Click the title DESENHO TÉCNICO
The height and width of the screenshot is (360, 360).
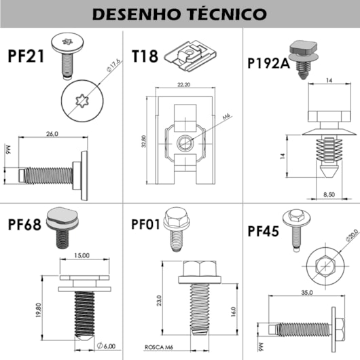pyautogui.click(x=180, y=14)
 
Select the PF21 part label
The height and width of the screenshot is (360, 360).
pyautogui.click(x=26, y=55)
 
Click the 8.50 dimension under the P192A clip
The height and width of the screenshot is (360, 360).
pyautogui.click(x=329, y=194)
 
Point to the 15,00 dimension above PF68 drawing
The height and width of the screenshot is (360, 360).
pyautogui.click(x=82, y=256)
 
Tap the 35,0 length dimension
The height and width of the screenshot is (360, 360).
pyautogui.click(x=306, y=293)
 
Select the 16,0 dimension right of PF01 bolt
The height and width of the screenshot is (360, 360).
pyautogui.click(x=233, y=312)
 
